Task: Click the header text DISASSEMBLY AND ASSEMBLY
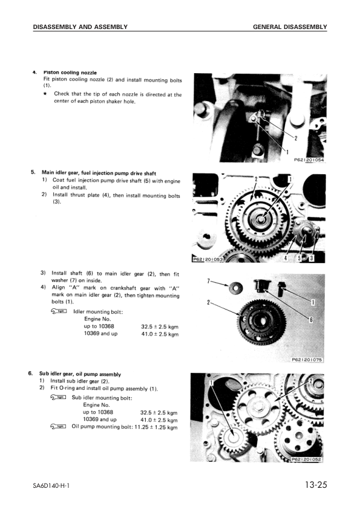click(80, 27)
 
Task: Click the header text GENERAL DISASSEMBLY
click(290, 27)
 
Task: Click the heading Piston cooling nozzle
click(70, 73)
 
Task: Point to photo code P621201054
click(309, 160)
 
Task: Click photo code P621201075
click(307, 359)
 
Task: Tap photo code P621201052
click(307, 459)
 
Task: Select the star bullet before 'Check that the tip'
click(45, 94)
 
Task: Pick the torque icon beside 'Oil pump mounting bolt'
click(59, 427)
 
